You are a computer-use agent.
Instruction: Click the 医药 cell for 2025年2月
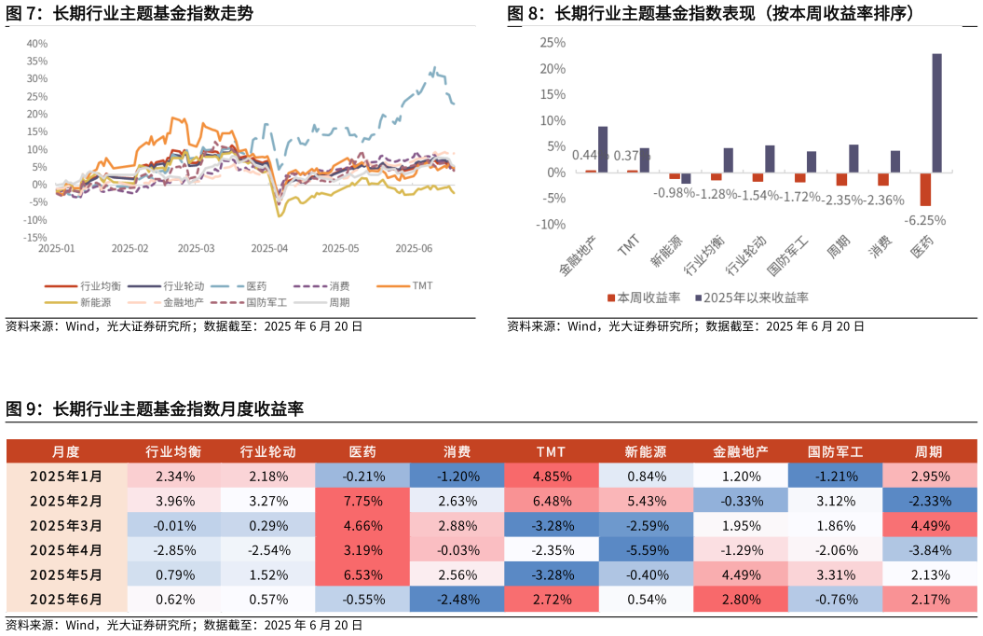362,501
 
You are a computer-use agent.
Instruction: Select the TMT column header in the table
551,452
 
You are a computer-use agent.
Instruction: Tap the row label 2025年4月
66,550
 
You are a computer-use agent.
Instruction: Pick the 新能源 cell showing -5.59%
646,550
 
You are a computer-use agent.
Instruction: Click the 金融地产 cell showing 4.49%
741,574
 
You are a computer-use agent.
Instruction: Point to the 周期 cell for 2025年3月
929,525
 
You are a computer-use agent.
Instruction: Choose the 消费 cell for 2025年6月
457,600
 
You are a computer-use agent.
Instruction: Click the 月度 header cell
66,452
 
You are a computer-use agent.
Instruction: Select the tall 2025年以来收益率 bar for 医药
936,113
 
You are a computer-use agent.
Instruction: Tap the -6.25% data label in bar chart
924,221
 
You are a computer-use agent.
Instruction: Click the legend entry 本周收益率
644,297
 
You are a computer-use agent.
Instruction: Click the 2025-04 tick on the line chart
269,249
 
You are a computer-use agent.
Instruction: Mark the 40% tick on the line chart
37,43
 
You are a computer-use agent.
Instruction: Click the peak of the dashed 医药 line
433,67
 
